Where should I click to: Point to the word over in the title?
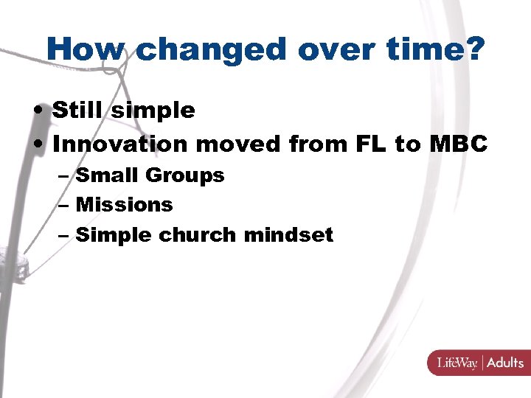pyautogui.click(x=331, y=49)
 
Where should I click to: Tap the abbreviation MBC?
pyautogui.click(x=457, y=144)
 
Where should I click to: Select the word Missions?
pyautogui.click(x=124, y=205)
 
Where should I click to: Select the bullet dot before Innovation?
pyautogui.click(x=40, y=145)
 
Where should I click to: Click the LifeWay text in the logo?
pyautogui.click(x=457, y=363)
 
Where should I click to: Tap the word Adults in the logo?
pyautogui.click(x=504, y=363)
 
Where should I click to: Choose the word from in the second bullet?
pyautogui.click(x=315, y=144)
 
